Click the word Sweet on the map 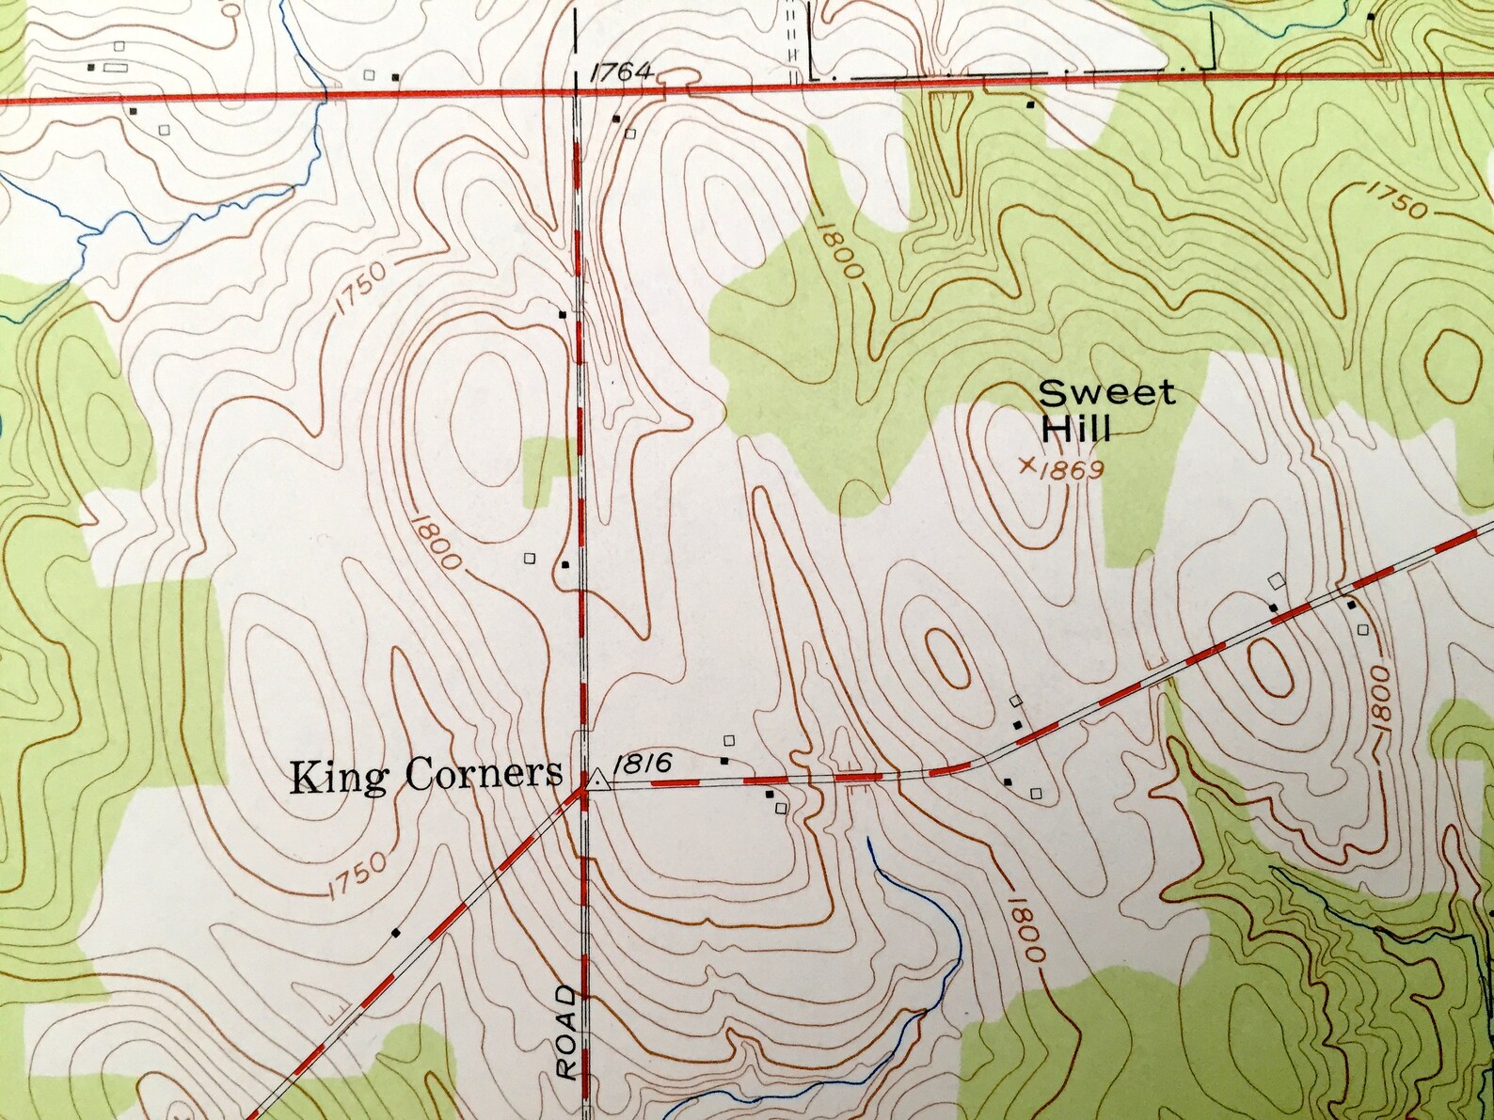click(1107, 393)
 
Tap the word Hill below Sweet click(1076, 429)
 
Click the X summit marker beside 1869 click(1028, 464)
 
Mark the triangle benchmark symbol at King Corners click(596, 779)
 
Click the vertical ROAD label click(565, 1032)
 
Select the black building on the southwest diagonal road click(396, 933)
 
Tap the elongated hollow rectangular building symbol click(115, 68)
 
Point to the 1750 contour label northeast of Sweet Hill click(1394, 200)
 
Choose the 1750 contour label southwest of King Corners click(358, 872)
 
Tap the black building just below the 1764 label click(616, 118)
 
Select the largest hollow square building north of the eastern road click(1277, 580)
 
